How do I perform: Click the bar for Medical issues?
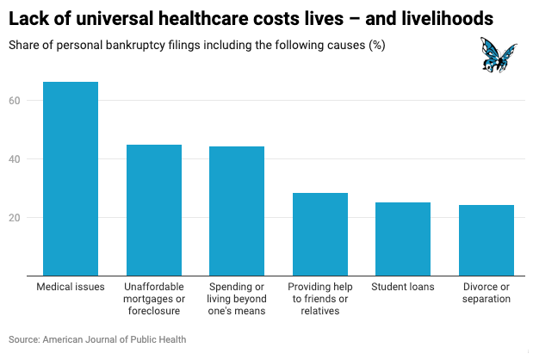(x=71, y=179)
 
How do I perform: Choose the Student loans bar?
(x=403, y=239)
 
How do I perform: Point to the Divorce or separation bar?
(x=487, y=241)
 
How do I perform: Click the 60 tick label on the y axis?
(x=27, y=101)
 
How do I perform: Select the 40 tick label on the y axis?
(x=27, y=159)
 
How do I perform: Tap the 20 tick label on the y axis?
(x=27, y=218)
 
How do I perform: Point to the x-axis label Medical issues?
(x=71, y=287)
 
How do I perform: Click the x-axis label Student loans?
(x=403, y=287)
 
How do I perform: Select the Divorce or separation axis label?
(x=487, y=293)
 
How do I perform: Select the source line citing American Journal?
(x=97, y=339)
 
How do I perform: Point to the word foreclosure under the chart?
(x=154, y=311)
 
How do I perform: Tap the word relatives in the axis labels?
(x=319, y=311)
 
